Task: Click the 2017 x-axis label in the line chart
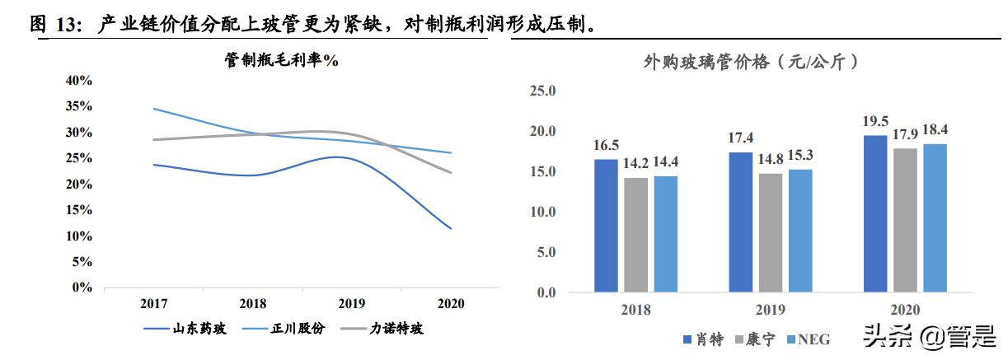point(154,304)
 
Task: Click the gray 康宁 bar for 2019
point(769,232)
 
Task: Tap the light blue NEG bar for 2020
point(933,217)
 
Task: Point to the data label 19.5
point(874,121)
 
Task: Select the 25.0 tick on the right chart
point(543,91)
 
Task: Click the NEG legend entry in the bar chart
point(807,339)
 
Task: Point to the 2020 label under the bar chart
point(904,310)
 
